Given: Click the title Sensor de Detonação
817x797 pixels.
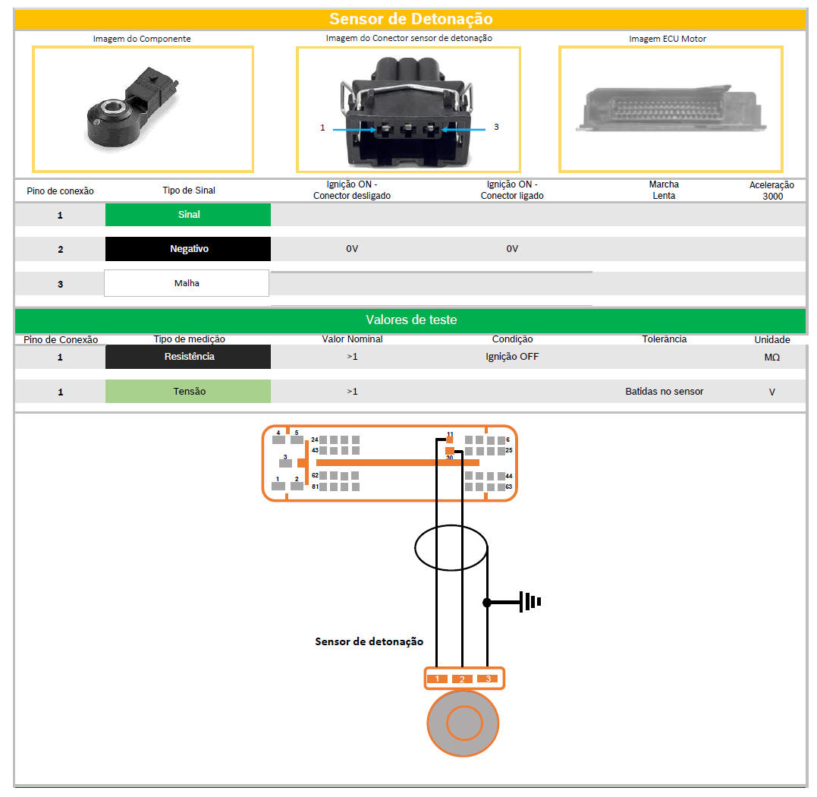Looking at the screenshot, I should (410, 19).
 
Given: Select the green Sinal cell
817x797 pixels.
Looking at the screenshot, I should (188, 215).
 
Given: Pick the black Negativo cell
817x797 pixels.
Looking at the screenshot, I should (188, 249).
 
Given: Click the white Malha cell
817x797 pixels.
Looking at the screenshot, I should (187, 283).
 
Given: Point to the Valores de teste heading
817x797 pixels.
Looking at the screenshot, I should (410, 320).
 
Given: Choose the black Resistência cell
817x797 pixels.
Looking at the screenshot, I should (188, 357).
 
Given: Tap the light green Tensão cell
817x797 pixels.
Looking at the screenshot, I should (188, 392).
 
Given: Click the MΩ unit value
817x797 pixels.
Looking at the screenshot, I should (771, 357).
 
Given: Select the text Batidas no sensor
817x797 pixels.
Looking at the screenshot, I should (664, 392).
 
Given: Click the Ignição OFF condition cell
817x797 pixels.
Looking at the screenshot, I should (512, 357).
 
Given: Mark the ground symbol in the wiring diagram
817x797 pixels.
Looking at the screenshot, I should (529, 602).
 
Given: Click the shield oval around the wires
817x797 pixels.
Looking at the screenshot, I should (450, 547).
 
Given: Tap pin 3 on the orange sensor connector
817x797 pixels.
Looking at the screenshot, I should (488, 678).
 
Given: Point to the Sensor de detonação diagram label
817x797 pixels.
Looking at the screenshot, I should (369, 641).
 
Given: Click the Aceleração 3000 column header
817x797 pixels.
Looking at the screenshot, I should (771, 191).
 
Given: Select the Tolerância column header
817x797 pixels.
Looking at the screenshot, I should (664, 339).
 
